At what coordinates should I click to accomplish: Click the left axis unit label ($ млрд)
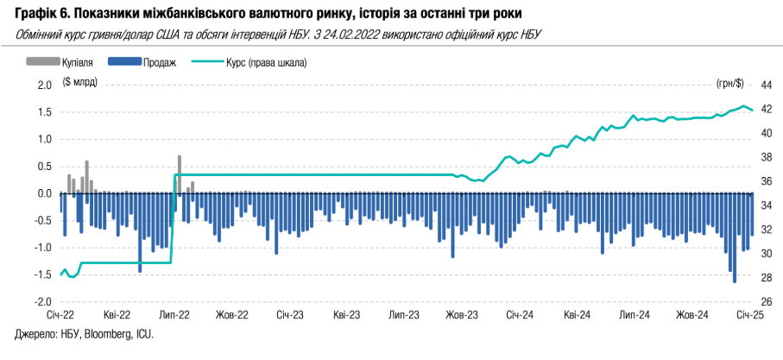pyautogui.click(x=80, y=82)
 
